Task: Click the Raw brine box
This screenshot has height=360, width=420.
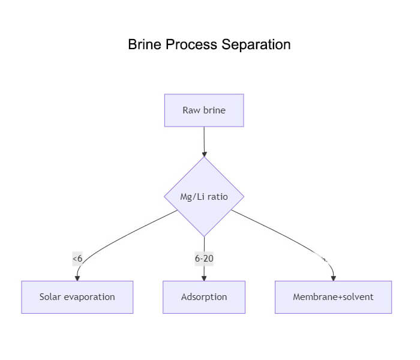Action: coord(204,110)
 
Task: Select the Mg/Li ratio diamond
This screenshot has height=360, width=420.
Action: coord(204,196)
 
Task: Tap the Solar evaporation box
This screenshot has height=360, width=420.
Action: coord(77,297)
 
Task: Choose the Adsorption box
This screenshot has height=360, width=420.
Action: coord(204,297)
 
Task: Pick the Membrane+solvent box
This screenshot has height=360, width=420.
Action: coord(333,297)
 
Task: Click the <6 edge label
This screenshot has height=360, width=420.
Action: coord(77,259)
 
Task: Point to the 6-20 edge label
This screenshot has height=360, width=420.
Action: coord(204,259)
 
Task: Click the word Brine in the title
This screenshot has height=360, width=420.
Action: coord(145,45)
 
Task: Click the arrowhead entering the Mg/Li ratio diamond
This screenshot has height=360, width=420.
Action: coord(204,154)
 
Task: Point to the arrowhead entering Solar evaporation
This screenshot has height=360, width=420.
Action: coord(77,278)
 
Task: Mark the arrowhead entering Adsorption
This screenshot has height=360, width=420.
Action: coord(204,278)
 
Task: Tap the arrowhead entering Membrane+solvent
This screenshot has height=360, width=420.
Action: coord(333,278)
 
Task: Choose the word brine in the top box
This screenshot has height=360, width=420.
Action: coord(214,110)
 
